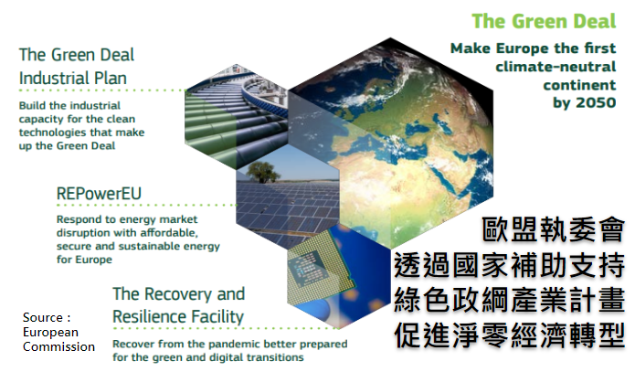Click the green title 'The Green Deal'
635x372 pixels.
pos(544,21)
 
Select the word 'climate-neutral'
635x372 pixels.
pos(556,67)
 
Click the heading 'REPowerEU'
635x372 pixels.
pos(99,193)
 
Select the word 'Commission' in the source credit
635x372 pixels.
pos(58,347)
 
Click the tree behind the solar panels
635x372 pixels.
pos(263,172)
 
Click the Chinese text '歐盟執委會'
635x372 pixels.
pos(553,229)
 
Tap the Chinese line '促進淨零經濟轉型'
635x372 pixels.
pos(510,335)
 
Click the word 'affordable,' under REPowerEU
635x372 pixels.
pos(169,233)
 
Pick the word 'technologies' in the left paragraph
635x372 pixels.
pos(46,133)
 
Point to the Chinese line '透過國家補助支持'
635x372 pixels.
pos(510,265)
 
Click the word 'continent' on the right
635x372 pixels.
pos(579,85)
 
